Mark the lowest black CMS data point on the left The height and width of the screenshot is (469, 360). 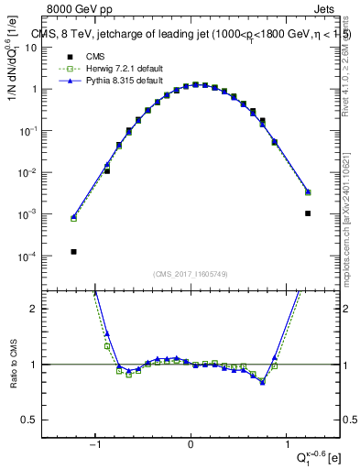(x=73, y=251)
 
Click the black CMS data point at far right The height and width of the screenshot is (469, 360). (x=308, y=213)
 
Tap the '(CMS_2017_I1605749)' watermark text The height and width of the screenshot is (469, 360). (x=191, y=274)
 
